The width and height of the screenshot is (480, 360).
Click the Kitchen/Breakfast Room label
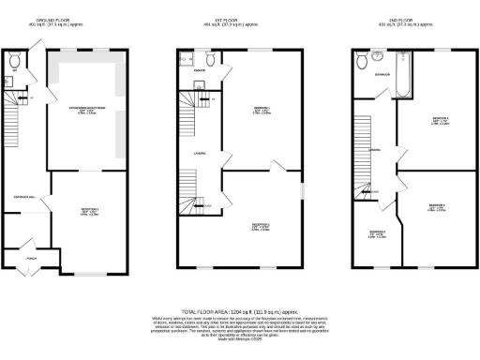(84, 111)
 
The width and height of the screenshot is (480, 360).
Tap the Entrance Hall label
(23, 196)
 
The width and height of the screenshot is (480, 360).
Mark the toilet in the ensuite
(213, 59)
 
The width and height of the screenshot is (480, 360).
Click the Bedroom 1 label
(262, 110)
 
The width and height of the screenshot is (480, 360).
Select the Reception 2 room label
(262, 226)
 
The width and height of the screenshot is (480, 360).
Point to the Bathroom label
(382, 73)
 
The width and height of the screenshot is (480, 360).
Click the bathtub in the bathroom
(403, 75)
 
